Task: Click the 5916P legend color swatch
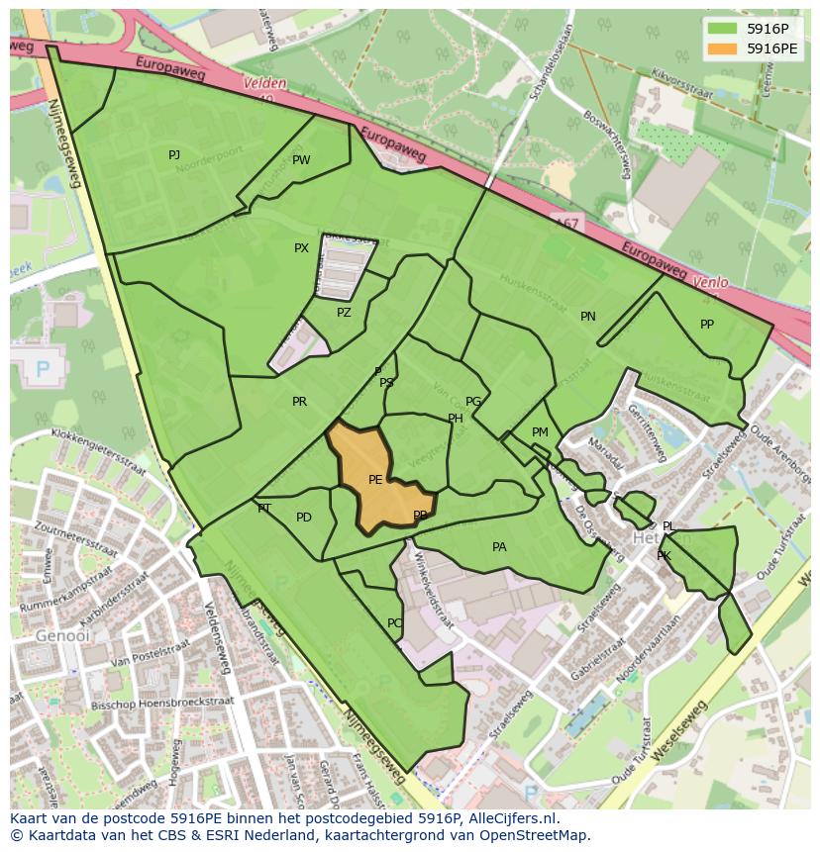coord(723,29)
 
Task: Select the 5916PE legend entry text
coord(772,47)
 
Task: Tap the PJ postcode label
coord(174,154)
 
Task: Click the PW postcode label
coord(301,160)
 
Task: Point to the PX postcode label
coord(301,248)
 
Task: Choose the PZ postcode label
coord(344,313)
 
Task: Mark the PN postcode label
coord(588,317)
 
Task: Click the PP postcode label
coord(707,325)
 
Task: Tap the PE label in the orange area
coord(375,480)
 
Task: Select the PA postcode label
coord(499,547)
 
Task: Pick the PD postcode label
coord(304,518)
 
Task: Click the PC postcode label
coord(394,623)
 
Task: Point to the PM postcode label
coord(540,432)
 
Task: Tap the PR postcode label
coord(299,402)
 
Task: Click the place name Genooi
coord(54,635)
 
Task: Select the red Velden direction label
coord(263,85)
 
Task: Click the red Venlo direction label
coord(710,282)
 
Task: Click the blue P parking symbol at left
coord(43,369)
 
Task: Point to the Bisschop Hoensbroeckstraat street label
coord(175,702)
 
